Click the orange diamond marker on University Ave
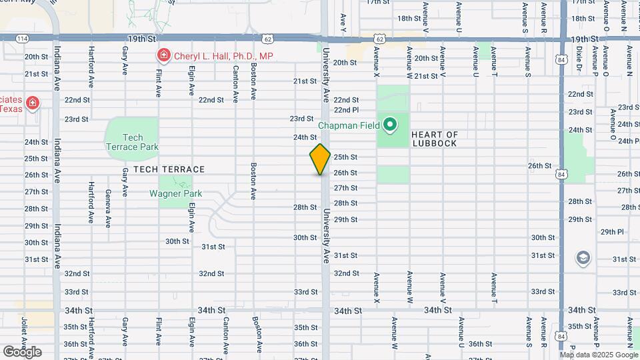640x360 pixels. (x=320, y=160)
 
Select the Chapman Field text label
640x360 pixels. (x=349, y=125)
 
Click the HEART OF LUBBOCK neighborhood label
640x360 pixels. (x=435, y=139)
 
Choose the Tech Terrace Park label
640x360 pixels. (x=132, y=142)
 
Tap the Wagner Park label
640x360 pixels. (x=176, y=193)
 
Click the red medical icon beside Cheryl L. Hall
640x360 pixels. (x=162, y=56)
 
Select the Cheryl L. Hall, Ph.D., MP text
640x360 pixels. (x=223, y=57)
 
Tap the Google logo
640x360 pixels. (x=22, y=351)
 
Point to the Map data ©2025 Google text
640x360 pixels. (x=599, y=355)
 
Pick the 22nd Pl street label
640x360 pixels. (x=346, y=110)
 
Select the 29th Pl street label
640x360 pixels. (x=611, y=232)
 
